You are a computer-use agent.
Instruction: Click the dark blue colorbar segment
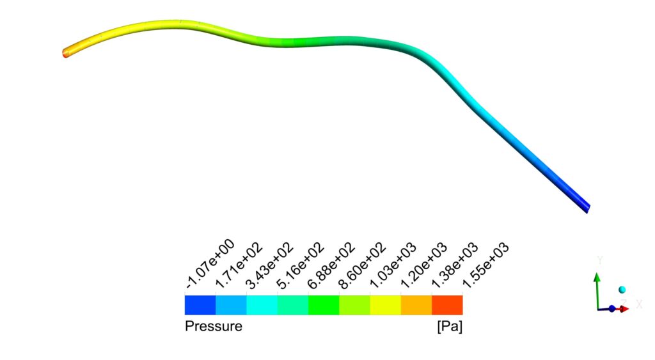pos(200,304)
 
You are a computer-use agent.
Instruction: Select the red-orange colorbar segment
pos(447,304)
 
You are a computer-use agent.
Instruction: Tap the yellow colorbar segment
pos(385,304)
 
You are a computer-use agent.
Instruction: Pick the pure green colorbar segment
pos(324,304)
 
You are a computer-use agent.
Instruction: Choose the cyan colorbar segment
pos(262,304)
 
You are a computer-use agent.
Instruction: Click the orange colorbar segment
pos(416,304)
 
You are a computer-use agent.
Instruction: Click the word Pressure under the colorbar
pos(213,327)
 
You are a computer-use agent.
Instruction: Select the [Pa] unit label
pos(449,327)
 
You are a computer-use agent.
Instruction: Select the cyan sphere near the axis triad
pos(622,290)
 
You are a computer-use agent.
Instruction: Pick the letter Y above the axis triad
pos(600,260)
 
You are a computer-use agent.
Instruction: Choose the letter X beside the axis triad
pos(639,304)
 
